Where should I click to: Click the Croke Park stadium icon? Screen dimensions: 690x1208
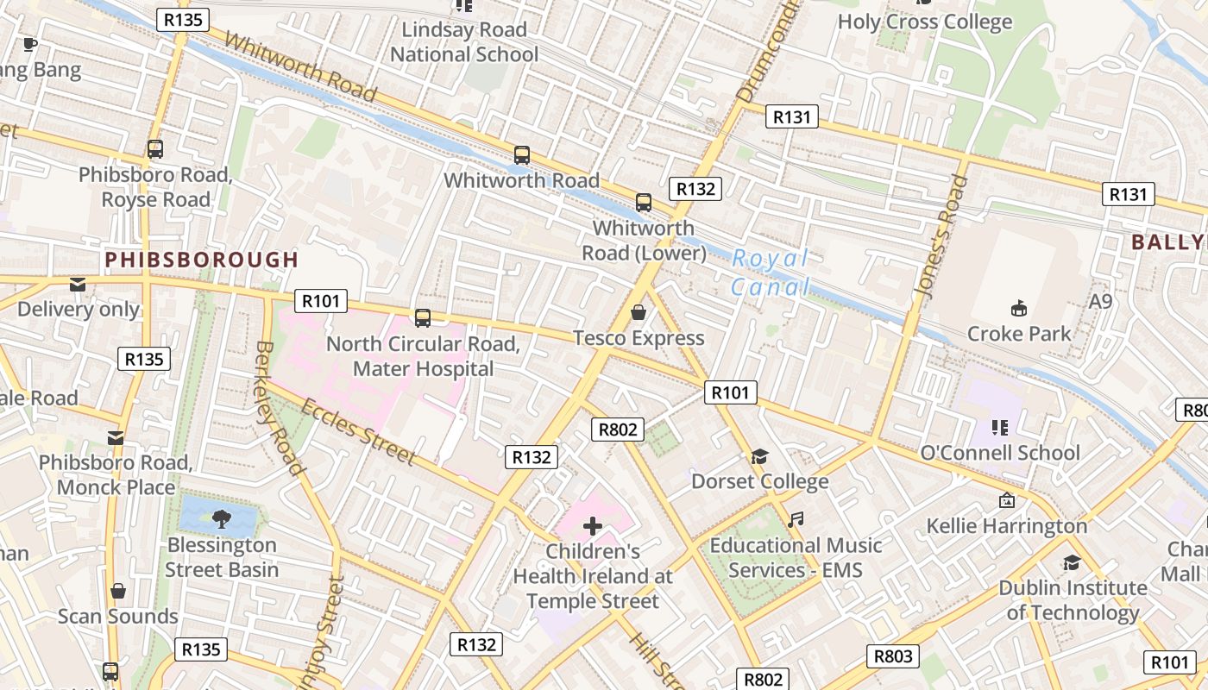pyautogui.click(x=1018, y=308)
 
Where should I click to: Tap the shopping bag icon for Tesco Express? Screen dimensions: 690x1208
pyautogui.click(x=639, y=312)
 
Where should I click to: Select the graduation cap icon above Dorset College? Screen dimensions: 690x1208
pyautogui.click(x=759, y=456)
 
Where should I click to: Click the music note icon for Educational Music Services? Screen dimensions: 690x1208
pyautogui.click(x=796, y=519)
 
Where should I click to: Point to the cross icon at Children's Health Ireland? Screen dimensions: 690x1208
pyautogui.click(x=593, y=525)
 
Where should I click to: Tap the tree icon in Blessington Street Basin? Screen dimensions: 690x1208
pyautogui.click(x=221, y=518)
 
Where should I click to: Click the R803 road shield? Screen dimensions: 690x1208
pyautogui.click(x=892, y=656)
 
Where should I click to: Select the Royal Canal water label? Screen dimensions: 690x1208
pyautogui.click(x=771, y=272)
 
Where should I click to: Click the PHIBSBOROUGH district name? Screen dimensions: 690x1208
pyautogui.click(x=201, y=260)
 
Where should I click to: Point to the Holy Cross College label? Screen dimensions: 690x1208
pyautogui.click(x=924, y=22)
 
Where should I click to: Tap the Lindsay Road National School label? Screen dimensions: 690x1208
pyautogui.click(x=464, y=42)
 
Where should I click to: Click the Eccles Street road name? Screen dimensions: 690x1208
pyautogui.click(x=359, y=430)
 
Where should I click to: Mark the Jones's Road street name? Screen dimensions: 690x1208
pyautogui.click(x=941, y=237)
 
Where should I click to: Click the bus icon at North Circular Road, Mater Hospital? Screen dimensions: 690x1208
pyautogui.click(x=423, y=318)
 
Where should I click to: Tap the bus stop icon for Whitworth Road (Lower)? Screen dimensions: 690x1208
pyautogui.click(x=644, y=203)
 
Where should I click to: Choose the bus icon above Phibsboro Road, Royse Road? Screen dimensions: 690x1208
pyautogui.click(x=155, y=149)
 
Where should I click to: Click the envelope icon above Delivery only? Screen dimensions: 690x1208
pyautogui.click(x=78, y=284)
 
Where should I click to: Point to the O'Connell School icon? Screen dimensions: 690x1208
pyautogui.click(x=1000, y=427)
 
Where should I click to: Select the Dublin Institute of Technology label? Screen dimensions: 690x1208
pyautogui.click(x=1073, y=600)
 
